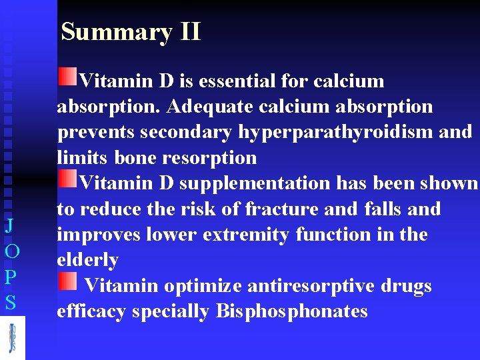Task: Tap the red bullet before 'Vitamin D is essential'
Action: (x=67, y=77)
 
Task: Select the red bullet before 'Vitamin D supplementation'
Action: (x=67, y=179)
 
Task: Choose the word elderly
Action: (x=87, y=260)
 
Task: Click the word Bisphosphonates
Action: (x=292, y=311)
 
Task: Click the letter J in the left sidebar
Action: (x=10, y=226)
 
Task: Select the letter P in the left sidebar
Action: (x=10, y=277)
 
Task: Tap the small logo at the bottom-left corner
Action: (x=12, y=337)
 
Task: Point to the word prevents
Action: (x=96, y=133)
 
